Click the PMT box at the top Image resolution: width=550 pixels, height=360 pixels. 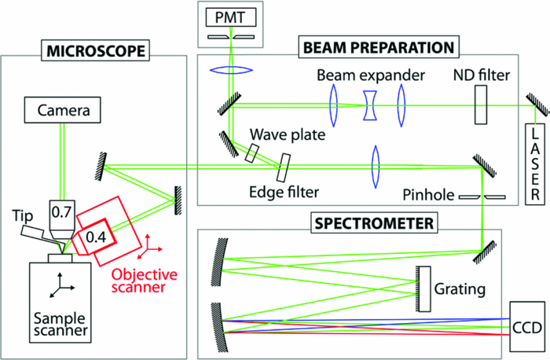(x=233, y=15)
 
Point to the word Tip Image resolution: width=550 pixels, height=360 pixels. (x=21, y=215)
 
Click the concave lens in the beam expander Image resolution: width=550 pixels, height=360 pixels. (x=367, y=104)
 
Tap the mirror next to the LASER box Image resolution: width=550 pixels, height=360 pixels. (x=532, y=105)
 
